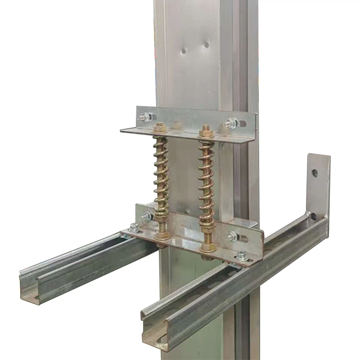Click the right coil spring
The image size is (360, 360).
(x=206, y=180)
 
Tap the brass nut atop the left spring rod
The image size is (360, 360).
(x=159, y=128)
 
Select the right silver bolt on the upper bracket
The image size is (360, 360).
(x=231, y=122)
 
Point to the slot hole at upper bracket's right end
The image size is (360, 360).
(x=243, y=123)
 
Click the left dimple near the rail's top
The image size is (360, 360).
(x=184, y=51)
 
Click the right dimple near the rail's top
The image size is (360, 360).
(x=206, y=45)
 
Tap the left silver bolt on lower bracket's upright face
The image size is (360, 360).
(x=146, y=216)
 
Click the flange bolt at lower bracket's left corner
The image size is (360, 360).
(x=134, y=228)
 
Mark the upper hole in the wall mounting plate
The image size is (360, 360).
(x=315, y=173)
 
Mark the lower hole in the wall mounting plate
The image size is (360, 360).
(x=313, y=216)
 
